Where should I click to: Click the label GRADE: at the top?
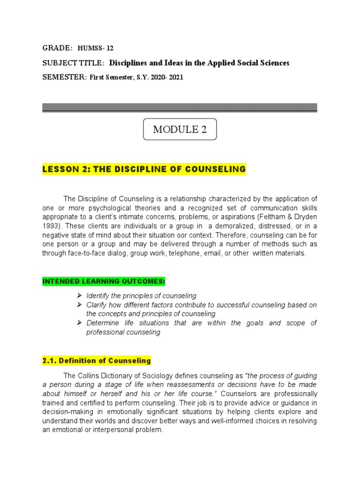tap(57, 48)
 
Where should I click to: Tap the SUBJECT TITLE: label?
tap(73, 63)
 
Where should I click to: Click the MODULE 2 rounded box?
tap(180, 130)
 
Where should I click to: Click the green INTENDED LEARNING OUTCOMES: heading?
tap(104, 281)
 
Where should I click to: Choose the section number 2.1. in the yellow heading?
tap(51, 360)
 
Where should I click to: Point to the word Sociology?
tap(167, 376)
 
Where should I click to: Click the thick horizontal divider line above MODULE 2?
tap(180, 108)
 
